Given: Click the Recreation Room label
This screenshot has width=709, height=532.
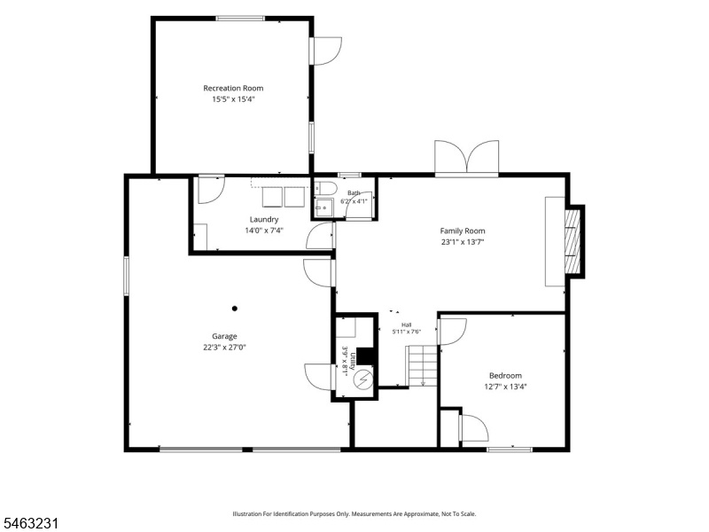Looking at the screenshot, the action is tap(233, 88).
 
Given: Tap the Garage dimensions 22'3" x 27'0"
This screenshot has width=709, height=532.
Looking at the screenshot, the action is tap(225, 348).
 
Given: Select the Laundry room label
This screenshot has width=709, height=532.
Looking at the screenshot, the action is tap(264, 219).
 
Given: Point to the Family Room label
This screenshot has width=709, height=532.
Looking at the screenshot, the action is tap(463, 231).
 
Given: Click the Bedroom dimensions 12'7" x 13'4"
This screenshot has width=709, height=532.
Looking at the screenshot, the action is tap(505, 387).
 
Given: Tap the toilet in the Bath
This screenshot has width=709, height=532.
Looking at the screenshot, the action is tap(324, 188).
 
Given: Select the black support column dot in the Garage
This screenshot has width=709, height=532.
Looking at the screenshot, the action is tap(235, 309).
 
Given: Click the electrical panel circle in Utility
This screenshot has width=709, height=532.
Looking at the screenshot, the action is tap(363, 379).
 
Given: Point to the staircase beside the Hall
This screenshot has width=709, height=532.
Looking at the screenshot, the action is tap(423, 365).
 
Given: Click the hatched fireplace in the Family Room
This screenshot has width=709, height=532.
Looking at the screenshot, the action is tap(573, 241).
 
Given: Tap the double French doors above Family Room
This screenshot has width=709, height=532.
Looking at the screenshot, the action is tap(467, 159).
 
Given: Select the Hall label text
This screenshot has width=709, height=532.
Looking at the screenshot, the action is tap(407, 325).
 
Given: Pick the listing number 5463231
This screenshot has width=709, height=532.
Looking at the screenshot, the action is tap(29, 524).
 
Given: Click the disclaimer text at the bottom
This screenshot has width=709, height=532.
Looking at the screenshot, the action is tap(354, 514).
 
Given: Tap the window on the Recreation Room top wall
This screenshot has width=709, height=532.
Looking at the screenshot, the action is tap(239, 19).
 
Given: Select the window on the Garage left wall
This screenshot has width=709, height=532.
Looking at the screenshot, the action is tap(126, 276).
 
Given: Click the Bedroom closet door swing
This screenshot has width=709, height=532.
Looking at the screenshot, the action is tap(474, 428).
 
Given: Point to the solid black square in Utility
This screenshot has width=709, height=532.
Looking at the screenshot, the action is tap(366, 356).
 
